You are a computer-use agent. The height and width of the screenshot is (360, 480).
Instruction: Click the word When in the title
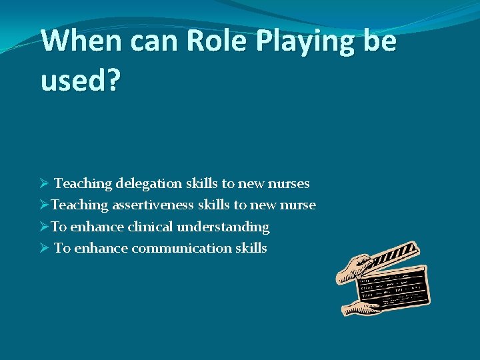point(80,41)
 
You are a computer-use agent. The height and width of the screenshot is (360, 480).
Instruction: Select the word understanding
point(223,227)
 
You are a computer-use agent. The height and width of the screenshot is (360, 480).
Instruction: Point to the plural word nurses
point(289,183)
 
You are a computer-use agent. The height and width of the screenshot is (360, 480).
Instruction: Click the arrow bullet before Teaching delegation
point(44,183)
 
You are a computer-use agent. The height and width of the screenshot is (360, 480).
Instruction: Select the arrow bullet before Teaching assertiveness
point(44,205)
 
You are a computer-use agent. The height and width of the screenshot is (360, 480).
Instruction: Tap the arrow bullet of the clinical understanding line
point(44,227)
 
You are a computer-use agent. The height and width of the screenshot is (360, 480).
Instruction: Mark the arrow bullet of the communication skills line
point(44,249)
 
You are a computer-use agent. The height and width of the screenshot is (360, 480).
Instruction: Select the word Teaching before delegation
point(83,183)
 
